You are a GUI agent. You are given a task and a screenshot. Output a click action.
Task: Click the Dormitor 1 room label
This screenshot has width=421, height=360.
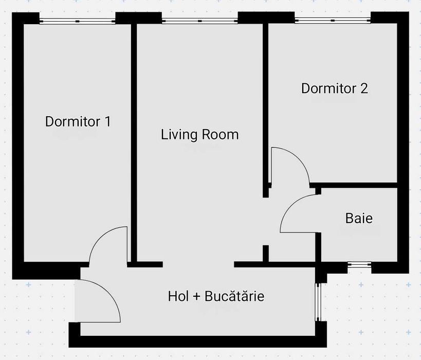click(x=78, y=122)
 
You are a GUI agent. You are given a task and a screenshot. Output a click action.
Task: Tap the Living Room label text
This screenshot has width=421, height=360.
click(x=199, y=135)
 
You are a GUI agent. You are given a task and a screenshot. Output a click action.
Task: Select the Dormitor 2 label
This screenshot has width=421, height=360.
click(x=334, y=88)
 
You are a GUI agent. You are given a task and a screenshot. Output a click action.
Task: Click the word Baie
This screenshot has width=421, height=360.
click(x=359, y=218)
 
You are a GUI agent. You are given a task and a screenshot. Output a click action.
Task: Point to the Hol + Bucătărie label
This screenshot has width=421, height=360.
click(x=216, y=296)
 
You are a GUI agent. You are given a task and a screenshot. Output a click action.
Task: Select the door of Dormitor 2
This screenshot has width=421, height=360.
click(x=289, y=166)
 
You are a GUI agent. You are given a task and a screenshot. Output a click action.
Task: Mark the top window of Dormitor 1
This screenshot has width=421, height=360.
click(x=77, y=21)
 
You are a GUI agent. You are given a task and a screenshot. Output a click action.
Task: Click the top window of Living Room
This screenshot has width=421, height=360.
click(x=199, y=21)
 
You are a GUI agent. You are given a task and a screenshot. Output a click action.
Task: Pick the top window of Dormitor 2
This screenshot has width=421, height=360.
click(x=333, y=21)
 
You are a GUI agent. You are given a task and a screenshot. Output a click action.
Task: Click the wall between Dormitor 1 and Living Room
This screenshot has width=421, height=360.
click(x=133, y=144)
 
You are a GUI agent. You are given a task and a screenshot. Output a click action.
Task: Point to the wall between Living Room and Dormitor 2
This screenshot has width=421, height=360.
click(x=266, y=103)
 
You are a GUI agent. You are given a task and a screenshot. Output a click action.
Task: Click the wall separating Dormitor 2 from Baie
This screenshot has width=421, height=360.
click(x=355, y=185)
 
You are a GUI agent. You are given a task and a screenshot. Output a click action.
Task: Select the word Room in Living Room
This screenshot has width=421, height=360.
click(x=220, y=135)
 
